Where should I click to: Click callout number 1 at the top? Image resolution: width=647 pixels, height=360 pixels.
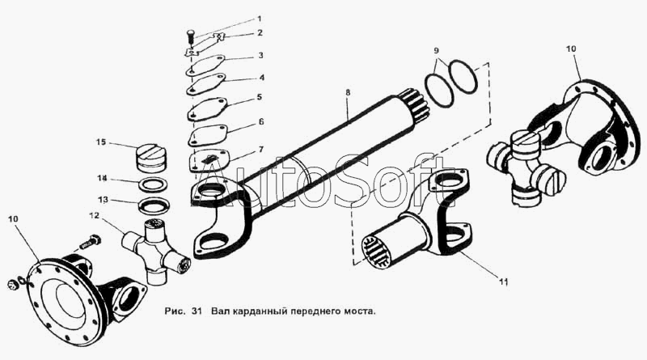(260, 18)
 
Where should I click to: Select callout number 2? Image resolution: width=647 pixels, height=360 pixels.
(260, 33)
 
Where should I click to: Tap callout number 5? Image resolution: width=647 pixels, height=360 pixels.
(260, 97)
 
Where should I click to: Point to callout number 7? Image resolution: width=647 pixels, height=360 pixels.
(260, 150)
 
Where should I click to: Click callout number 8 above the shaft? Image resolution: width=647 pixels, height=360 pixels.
(347, 93)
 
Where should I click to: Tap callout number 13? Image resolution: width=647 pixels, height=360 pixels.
(104, 199)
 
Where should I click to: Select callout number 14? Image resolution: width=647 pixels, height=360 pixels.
(103, 177)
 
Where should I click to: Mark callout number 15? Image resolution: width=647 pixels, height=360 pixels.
(101, 142)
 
